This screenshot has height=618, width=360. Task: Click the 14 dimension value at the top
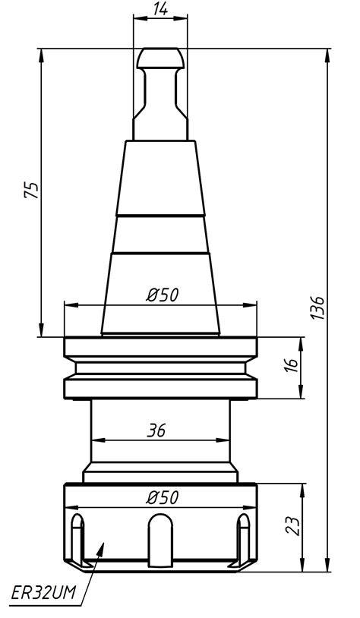click(160, 9)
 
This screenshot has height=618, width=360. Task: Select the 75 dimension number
click(31, 190)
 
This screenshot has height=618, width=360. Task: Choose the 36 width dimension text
click(156, 430)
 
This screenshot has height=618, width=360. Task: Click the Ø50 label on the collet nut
click(162, 498)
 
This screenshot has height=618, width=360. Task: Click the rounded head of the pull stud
click(160, 59)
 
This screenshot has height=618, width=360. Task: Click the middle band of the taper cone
click(160, 233)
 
